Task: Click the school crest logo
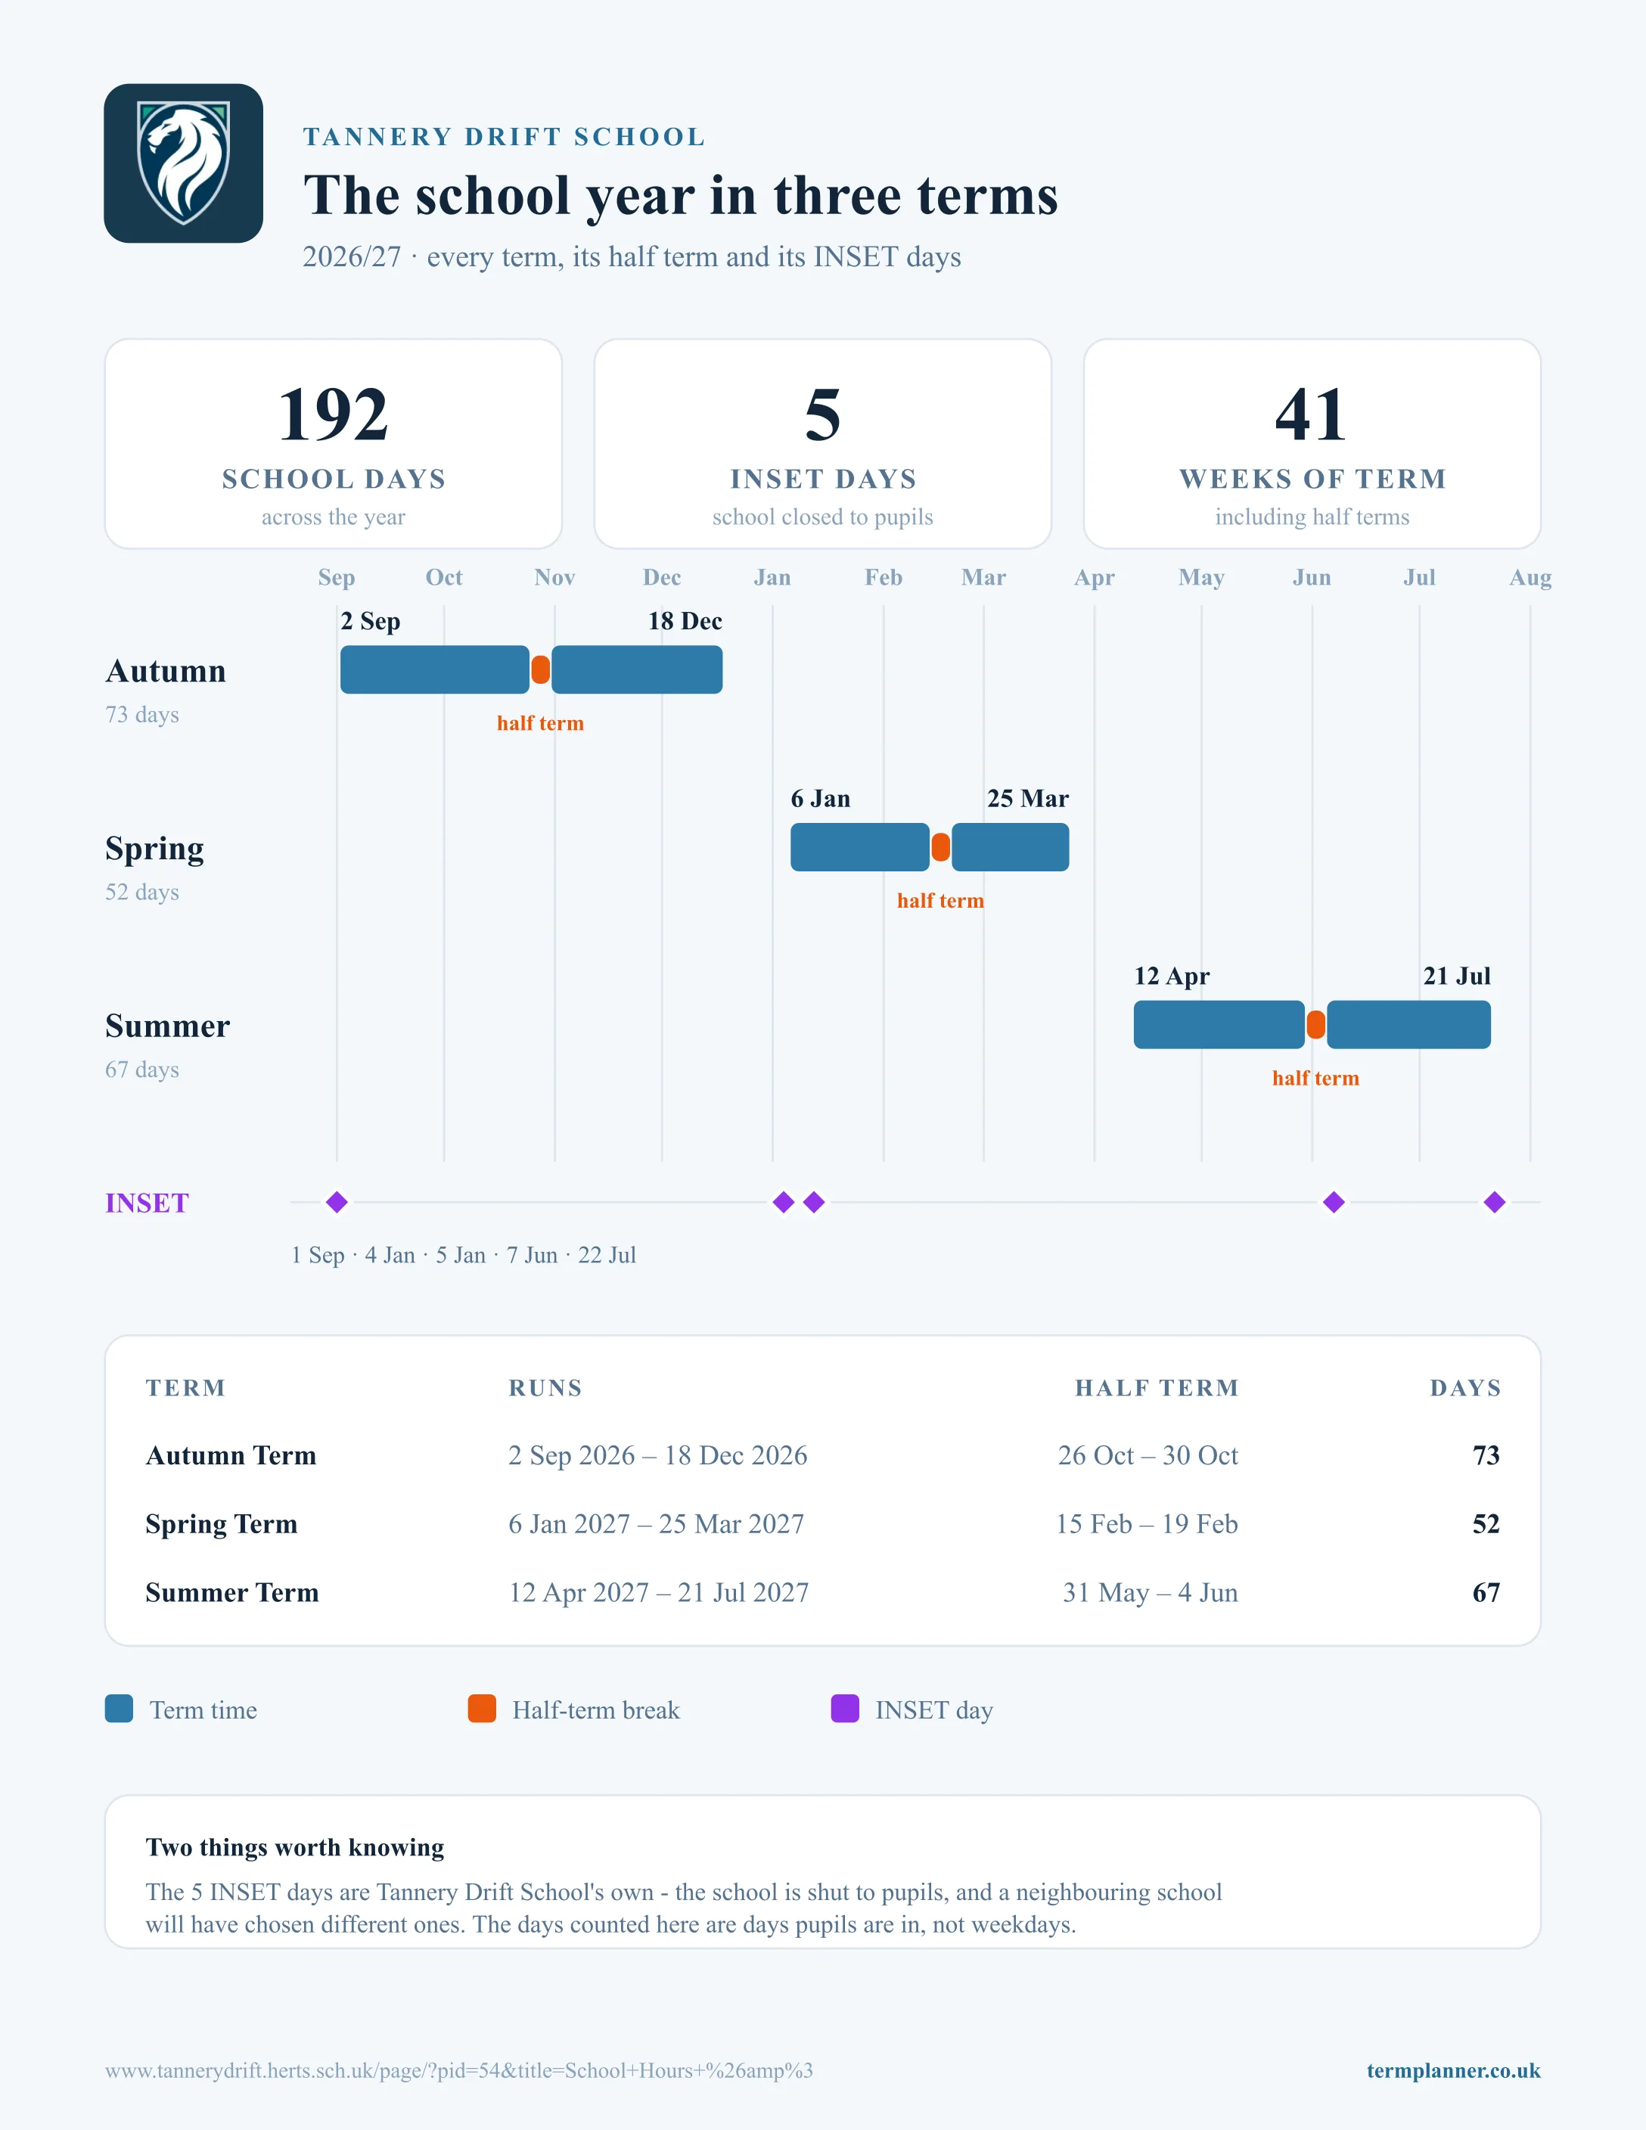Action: click(x=183, y=163)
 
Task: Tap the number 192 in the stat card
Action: click(x=334, y=415)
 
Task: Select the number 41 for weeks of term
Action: click(x=1312, y=415)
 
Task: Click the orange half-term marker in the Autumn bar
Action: click(x=540, y=670)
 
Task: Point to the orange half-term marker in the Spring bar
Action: click(x=940, y=847)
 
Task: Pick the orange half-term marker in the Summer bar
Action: click(x=1315, y=1025)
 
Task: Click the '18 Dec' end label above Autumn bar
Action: click(x=685, y=621)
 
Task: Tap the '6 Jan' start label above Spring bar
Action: click(x=820, y=799)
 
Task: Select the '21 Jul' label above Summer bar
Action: click(x=1457, y=977)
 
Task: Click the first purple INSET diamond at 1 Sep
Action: click(x=337, y=1203)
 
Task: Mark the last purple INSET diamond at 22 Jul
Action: click(x=1495, y=1203)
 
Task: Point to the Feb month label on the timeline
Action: click(x=884, y=577)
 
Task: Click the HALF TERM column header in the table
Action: click(x=1157, y=1388)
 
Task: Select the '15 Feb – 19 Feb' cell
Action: click(x=1147, y=1523)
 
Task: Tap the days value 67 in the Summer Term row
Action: click(x=1486, y=1593)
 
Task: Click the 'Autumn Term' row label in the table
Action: click(x=231, y=1455)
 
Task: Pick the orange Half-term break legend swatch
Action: click(x=482, y=1709)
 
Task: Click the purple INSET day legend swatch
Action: click(x=844, y=1709)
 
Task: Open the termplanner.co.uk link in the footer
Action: click(x=1453, y=2070)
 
